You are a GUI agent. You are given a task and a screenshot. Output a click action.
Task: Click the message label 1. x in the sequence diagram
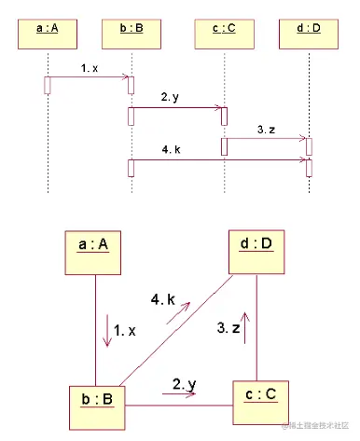point(90,69)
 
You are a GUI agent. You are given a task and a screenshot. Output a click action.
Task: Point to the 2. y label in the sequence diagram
point(170,97)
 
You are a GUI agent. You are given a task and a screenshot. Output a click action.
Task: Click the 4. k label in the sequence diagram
point(170,149)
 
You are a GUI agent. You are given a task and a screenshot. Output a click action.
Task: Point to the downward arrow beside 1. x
point(107,332)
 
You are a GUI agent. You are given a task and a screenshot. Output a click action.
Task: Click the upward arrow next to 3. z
point(247,330)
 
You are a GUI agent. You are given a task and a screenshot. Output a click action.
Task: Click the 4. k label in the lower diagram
point(162,300)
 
